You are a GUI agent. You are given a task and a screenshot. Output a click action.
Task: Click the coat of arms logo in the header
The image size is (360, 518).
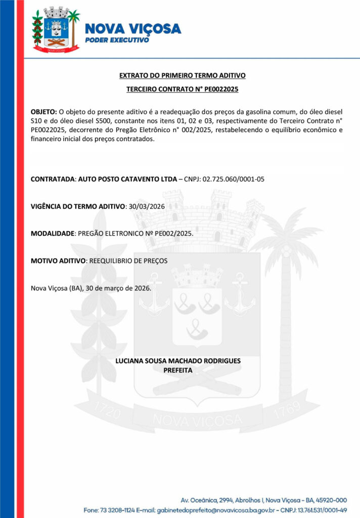[x=56, y=29]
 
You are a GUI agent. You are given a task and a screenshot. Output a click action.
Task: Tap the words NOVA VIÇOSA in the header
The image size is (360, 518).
[x=133, y=28]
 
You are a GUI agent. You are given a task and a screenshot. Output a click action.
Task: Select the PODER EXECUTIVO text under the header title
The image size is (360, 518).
[x=117, y=40]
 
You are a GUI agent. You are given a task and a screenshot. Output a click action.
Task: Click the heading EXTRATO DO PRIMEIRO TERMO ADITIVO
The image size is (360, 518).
[x=182, y=75]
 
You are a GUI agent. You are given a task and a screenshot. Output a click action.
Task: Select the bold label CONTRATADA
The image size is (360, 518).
[x=53, y=179]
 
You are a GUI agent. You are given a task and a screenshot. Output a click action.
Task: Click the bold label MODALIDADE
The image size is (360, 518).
[x=53, y=234]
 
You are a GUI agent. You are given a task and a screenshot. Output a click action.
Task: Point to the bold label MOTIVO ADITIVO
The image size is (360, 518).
[x=59, y=261]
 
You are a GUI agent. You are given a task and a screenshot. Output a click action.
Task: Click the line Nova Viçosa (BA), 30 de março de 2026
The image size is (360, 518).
[x=91, y=288]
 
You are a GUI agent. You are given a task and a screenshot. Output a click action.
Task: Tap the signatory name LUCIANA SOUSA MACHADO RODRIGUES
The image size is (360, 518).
[x=178, y=361]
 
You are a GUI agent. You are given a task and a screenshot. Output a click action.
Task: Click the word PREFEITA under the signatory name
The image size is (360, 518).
[x=177, y=370]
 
